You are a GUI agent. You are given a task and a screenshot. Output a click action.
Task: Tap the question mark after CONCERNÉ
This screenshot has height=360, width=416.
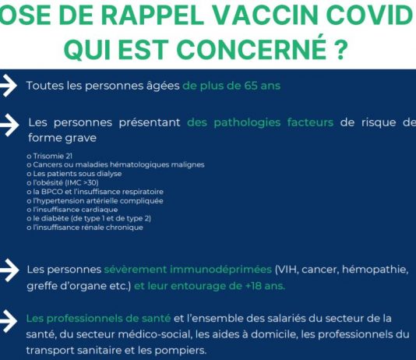click(x=341, y=49)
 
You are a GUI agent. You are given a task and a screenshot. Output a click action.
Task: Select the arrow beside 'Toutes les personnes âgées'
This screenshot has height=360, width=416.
click(x=9, y=86)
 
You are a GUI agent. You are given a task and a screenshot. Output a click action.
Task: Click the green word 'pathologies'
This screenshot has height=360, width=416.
click(x=247, y=123)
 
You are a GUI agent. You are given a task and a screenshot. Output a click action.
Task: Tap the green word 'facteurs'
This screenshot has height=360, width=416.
click(x=310, y=122)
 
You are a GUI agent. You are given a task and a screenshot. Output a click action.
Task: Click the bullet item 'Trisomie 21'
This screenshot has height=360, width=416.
click(x=50, y=156)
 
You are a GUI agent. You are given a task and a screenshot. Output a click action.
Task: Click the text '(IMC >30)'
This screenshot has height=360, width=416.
click(x=82, y=183)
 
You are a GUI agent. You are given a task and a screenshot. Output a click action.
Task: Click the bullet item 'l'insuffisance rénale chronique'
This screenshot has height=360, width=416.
click(x=85, y=228)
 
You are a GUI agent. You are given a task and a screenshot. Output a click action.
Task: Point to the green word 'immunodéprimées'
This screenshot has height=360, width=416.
click(x=220, y=270)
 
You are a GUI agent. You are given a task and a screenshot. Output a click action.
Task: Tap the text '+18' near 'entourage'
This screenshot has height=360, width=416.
click(x=252, y=286)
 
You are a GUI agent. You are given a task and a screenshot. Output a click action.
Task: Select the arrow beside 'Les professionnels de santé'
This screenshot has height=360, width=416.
click(x=9, y=321)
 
